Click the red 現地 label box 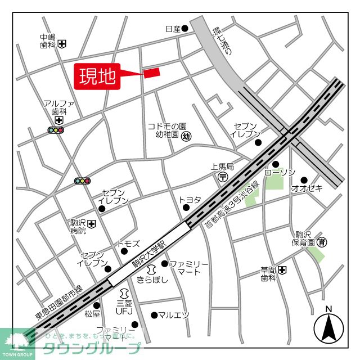(97, 76)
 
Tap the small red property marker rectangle (152, 73)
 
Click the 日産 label (172, 29)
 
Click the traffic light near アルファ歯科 (56, 130)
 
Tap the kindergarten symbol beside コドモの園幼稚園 (187, 135)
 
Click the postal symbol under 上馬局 (223, 177)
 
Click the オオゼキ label (307, 188)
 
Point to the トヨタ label (190, 199)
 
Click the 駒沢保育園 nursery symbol (321, 242)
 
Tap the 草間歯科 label (268, 273)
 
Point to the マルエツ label (174, 315)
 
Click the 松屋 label (92, 314)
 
